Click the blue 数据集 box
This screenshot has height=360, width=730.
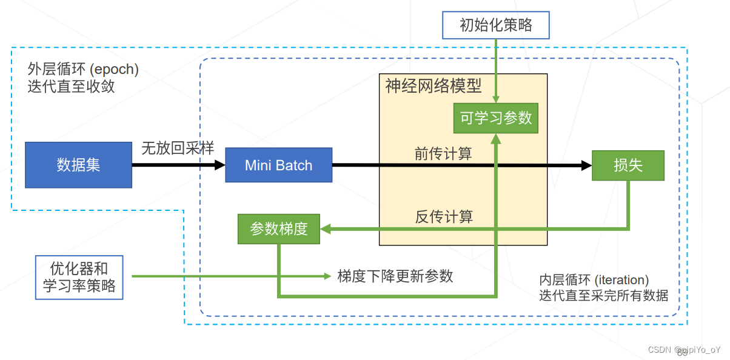click(78, 165)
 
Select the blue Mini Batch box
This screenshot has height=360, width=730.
click(278, 165)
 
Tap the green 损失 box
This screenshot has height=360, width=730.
click(628, 165)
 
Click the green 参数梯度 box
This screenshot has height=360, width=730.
click(279, 228)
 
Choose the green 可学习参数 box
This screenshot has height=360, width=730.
click(496, 118)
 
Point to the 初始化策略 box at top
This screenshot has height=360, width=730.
click(496, 25)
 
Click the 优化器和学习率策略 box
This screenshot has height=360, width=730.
click(79, 277)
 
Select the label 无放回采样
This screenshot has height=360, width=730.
click(178, 148)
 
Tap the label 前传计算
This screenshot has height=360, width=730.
click(443, 154)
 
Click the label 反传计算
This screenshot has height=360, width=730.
click(443, 216)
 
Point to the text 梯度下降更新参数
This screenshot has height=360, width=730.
click(395, 276)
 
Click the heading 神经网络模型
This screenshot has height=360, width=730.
click(434, 86)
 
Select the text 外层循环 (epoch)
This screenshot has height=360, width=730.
click(83, 69)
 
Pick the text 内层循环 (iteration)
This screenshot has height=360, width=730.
click(594, 280)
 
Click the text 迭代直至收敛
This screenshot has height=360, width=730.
click(71, 87)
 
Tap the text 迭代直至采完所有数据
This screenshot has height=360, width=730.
click(604, 296)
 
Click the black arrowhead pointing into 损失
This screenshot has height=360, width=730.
click(586, 165)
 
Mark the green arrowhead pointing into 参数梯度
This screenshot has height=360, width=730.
click(325, 229)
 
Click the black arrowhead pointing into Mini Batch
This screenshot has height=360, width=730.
click(219, 165)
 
